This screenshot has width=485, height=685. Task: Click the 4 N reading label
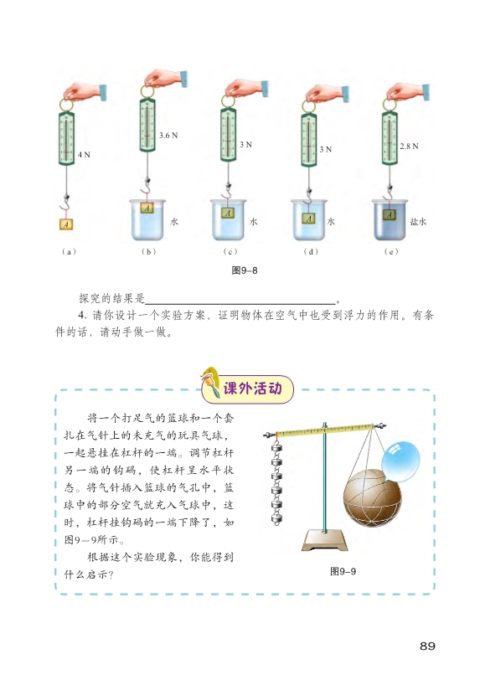coord(84,155)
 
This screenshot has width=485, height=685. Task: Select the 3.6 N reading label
coord(168,136)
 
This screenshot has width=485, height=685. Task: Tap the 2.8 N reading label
coord(409,147)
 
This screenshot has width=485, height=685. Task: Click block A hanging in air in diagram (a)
coord(66,224)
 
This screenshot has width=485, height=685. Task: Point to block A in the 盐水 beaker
coord(389,214)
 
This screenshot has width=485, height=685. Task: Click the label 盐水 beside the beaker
coord(418,221)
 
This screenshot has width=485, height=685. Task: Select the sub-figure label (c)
coord(230,251)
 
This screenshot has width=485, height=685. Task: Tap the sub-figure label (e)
coord(391,251)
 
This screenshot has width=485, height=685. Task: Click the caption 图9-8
coord(245,270)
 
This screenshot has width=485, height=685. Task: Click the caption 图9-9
coord(343,571)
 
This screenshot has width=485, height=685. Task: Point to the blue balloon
coord(400,461)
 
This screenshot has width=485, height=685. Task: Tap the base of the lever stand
coord(325,540)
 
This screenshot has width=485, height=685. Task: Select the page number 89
coord(427,646)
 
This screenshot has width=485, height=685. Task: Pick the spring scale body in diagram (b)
coord(147,125)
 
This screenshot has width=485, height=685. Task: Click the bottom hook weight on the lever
coord(276,518)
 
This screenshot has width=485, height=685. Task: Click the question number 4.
coord(83,316)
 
